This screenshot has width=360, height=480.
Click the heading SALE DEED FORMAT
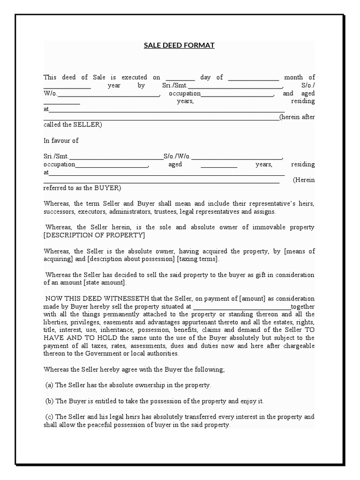tap(179, 45)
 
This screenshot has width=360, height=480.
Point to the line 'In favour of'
tap(61, 141)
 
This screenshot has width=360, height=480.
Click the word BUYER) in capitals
tap(107, 188)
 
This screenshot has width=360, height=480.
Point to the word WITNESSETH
tap(113, 299)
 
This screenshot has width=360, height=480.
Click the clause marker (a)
tap(50, 385)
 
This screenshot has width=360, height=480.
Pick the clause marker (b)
tap(50, 401)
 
